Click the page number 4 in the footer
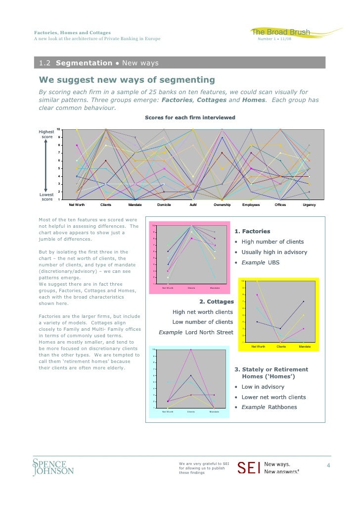[327, 466]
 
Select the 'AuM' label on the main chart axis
[193, 204]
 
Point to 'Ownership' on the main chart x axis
[222, 204]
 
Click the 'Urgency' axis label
[309, 204]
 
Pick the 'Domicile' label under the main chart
[164, 204]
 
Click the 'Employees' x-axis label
[251, 204]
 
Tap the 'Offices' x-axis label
[280, 204]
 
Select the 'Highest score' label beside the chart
[46, 134]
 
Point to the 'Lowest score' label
[46, 197]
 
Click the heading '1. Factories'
[252, 231]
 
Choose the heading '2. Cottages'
[216, 302]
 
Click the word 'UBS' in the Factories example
[273, 262]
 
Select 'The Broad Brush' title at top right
[281, 33]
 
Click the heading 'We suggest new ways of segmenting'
[127, 80]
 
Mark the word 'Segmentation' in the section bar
[84, 63]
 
